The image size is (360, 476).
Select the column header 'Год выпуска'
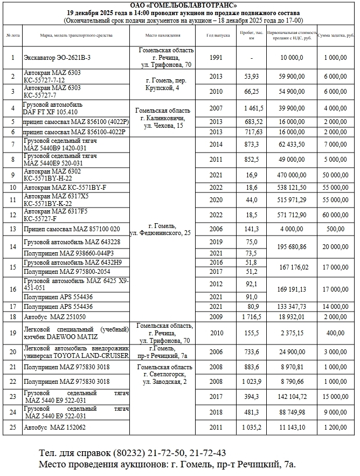(216, 35)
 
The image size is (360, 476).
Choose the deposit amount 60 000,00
(336, 215)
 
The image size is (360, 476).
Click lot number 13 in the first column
(12, 229)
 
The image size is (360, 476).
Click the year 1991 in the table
(216, 57)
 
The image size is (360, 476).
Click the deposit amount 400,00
(336, 333)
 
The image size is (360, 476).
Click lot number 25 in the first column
(12, 427)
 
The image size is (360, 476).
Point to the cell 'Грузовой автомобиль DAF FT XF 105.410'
(52, 108)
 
